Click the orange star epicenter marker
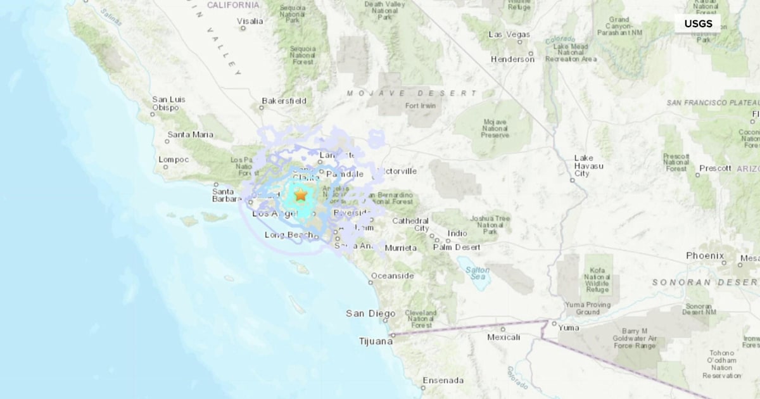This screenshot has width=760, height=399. [x=300, y=194]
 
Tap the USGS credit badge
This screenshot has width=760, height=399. [x=698, y=24]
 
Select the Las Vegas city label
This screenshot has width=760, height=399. [x=509, y=34]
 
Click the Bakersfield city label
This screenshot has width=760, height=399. [x=284, y=101]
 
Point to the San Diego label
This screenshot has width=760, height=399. [x=370, y=313]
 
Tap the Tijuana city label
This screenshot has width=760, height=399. [x=372, y=341]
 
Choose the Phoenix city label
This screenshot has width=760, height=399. [x=705, y=256]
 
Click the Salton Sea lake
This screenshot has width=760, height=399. [x=477, y=274]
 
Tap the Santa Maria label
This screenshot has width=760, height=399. [x=190, y=135]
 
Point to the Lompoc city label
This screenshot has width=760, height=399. [x=174, y=160]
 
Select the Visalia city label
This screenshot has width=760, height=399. [x=250, y=21]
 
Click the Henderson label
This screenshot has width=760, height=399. [x=512, y=60]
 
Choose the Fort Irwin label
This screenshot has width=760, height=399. [x=421, y=106]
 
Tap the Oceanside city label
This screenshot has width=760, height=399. [x=392, y=276]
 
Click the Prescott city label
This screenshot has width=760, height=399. [x=714, y=169]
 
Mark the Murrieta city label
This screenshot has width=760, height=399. [x=401, y=248]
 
